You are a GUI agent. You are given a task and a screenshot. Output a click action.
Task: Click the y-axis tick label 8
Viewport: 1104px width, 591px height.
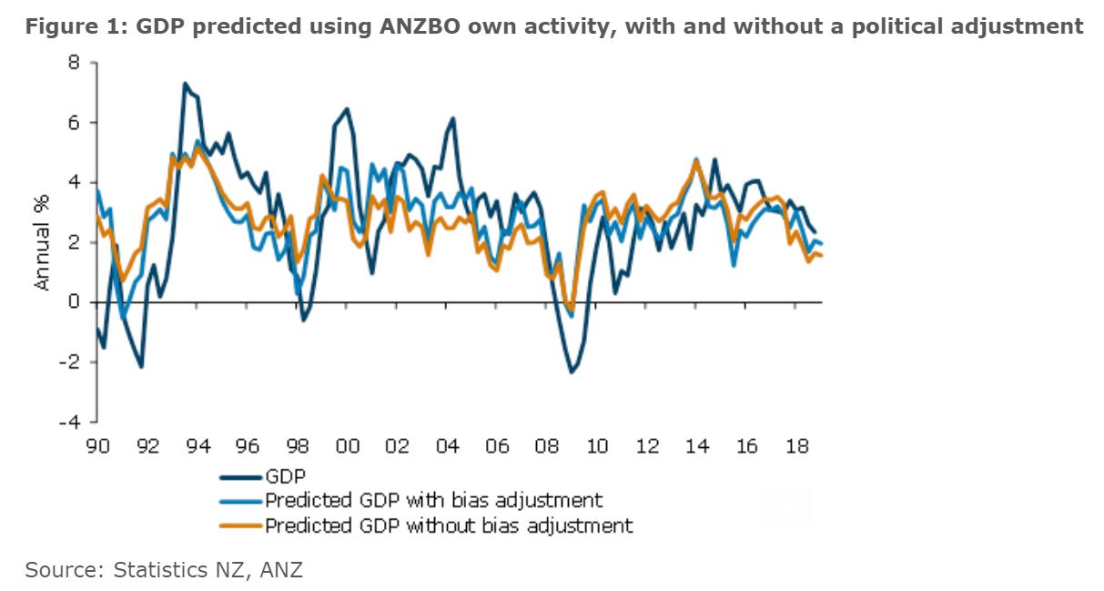click(x=74, y=63)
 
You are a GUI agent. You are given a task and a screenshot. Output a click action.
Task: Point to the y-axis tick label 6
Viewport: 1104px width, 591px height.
click(x=74, y=123)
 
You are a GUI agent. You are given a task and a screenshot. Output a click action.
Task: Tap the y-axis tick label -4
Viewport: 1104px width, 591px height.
click(x=70, y=423)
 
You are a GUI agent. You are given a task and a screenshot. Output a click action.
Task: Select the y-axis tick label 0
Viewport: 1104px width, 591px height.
click(x=74, y=302)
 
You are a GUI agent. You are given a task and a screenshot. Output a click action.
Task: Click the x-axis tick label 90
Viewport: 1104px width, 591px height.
click(x=98, y=447)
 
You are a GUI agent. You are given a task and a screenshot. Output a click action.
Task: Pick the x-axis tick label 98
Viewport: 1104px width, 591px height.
click(x=298, y=447)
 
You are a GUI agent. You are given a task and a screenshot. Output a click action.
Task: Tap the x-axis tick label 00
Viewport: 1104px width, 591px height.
click(x=348, y=447)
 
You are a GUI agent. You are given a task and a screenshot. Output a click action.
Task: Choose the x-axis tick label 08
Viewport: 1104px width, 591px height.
click(x=547, y=447)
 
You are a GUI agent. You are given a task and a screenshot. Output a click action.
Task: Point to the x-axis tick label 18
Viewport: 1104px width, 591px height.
click(x=796, y=447)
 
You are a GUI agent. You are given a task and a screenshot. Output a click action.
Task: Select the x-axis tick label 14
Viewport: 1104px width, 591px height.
click(x=696, y=447)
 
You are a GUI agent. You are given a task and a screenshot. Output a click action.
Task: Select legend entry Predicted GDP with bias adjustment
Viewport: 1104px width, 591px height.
click(x=433, y=500)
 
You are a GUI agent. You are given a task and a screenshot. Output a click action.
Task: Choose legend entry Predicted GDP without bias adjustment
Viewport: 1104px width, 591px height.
click(x=448, y=525)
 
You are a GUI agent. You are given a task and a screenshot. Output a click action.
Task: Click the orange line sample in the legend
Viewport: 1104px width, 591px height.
click(x=241, y=525)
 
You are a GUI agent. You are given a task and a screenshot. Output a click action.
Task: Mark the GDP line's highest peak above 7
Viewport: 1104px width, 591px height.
click(x=185, y=84)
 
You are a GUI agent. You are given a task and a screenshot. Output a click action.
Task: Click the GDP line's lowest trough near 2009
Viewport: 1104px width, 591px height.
click(x=572, y=372)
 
